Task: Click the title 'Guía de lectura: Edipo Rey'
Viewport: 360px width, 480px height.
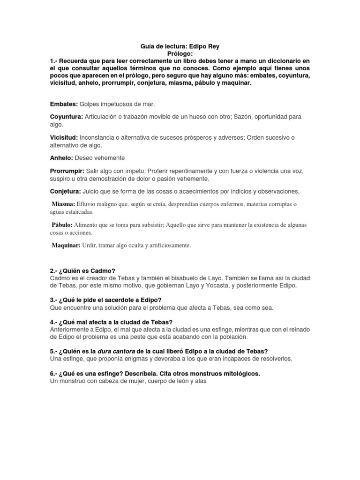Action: pyautogui.click(x=180, y=47)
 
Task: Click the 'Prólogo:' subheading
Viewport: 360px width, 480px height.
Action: pyautogui.click(x=180, y=54)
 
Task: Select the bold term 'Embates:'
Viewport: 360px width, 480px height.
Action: pyautogui.click(x=64, y=104)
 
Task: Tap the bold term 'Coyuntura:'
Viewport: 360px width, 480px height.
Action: pyautogui.click(x=67, y=116)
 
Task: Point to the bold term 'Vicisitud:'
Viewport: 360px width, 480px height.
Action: pyautogui.click(x=64, y=137)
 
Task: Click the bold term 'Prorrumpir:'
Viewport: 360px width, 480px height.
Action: pyautogui.click(x=67, y=171)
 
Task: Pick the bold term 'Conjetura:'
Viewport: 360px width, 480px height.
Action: pyautogui.click(x=66, y=191)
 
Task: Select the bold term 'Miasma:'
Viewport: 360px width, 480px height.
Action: pyautogui.click(x=63, y=204)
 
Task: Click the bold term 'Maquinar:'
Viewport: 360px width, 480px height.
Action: pyautogui.click(x=66, y=245)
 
